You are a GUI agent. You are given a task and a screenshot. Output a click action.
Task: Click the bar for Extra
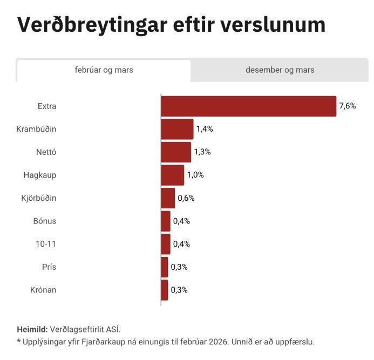coord(248,106)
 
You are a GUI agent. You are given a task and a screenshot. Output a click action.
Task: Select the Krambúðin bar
coord(177,129)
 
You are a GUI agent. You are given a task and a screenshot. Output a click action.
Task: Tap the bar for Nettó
coord(176,152)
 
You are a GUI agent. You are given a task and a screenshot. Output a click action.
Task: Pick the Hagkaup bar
coord(173,175)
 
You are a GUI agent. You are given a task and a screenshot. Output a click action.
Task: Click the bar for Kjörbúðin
coord(168,198)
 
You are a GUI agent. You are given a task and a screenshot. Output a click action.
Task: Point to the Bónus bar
coord(166,221)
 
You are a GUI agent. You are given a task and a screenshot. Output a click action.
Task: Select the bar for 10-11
coord(166,244)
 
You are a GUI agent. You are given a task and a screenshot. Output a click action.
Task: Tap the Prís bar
coord(165,267)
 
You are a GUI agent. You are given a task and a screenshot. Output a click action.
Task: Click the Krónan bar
coord(165,290)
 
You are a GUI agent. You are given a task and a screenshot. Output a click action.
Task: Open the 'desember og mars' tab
coord(280,70)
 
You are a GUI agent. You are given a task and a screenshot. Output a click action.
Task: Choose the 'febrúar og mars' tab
coord(104,70)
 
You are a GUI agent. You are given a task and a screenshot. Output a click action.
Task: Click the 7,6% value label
coord(348,106)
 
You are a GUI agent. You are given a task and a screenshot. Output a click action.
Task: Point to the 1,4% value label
coord(205,129)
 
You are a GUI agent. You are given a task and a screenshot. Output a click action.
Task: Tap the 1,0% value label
coord(195,175)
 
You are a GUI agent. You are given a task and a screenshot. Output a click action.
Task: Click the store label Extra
coord(47,106)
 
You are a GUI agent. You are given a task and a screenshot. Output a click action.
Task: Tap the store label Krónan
coord(43,290)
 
